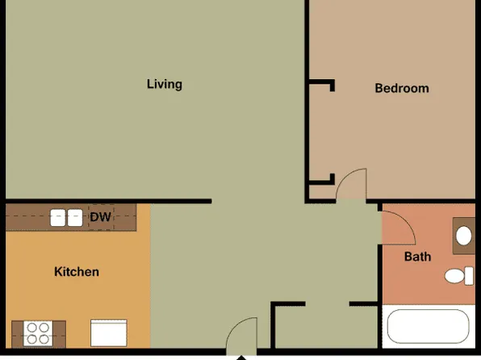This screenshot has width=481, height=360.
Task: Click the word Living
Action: [164, 84]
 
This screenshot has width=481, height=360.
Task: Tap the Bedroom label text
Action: [402, 88]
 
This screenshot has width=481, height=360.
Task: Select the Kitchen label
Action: [77, 272]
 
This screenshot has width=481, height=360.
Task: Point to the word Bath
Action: [417, 257]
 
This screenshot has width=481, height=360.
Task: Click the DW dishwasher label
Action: [100, 217]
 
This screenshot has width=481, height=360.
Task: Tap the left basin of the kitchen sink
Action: [58, 217]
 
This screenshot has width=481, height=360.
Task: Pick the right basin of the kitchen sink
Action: [74, 217]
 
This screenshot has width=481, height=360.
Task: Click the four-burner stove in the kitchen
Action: [37, 333]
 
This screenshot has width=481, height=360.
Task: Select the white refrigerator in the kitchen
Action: [108, 333]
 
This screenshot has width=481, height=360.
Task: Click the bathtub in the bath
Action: [428, 328]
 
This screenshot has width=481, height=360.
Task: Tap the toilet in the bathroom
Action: [459, 275]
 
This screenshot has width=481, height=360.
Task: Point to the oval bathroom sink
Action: [464, 237]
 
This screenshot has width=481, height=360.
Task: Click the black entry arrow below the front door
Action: [240, 355]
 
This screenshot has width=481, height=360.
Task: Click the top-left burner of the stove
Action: [31, 327]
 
